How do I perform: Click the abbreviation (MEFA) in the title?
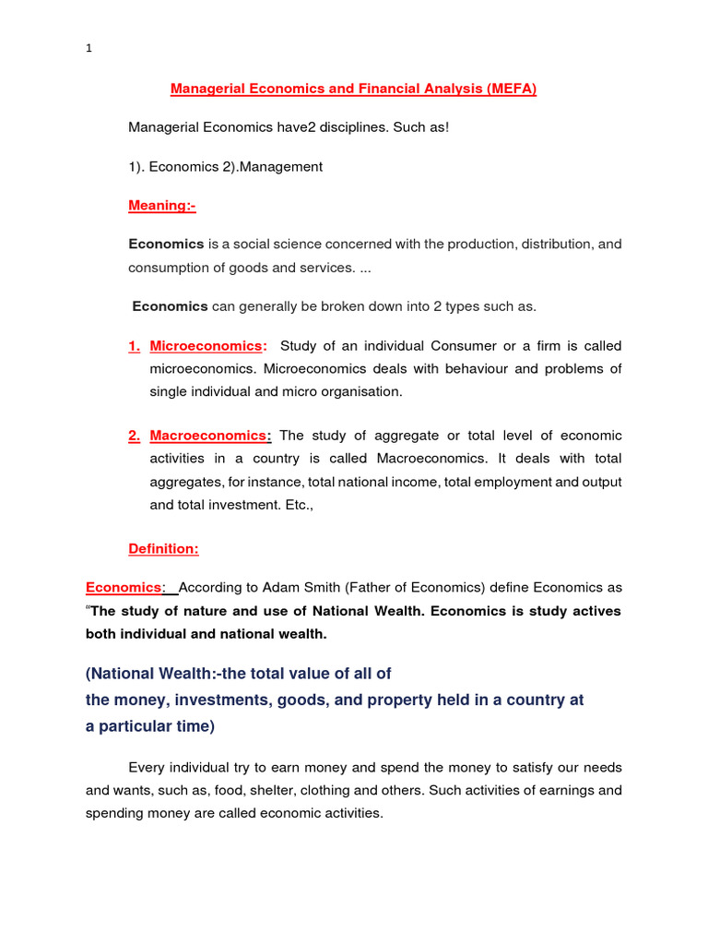(506, 90)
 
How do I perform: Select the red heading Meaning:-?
(162, 205)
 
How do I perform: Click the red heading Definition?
(163, 548)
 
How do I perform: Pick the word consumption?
(170, 267)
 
